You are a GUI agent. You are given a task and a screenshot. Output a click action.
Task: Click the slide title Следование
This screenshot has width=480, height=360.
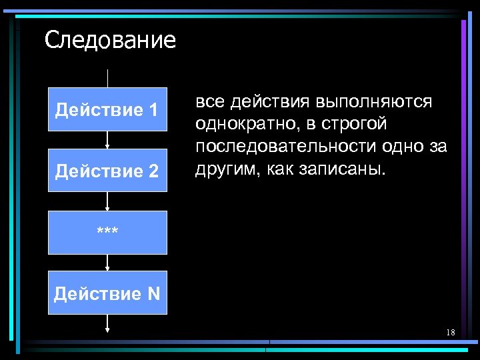click(110, 41)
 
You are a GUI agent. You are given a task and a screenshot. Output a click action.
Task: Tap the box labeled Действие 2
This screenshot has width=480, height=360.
click(107, 171)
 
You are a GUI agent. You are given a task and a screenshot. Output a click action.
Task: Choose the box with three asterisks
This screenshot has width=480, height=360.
click(107, 232)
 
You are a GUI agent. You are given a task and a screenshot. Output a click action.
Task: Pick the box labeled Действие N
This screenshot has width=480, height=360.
click(107, 293)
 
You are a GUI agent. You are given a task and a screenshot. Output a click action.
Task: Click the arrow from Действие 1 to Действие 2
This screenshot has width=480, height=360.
click(107, 139)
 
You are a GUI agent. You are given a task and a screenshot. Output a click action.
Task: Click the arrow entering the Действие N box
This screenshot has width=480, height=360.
click(107, 263)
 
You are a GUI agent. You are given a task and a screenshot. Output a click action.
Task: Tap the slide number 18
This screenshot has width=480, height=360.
click(451, 332)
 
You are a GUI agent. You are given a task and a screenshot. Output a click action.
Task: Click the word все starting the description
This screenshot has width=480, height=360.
click(209, 102)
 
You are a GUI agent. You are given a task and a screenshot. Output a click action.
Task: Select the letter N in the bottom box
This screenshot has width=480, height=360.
click(154, 293)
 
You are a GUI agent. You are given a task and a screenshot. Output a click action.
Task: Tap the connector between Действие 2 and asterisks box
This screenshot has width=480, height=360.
click(107, 201)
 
